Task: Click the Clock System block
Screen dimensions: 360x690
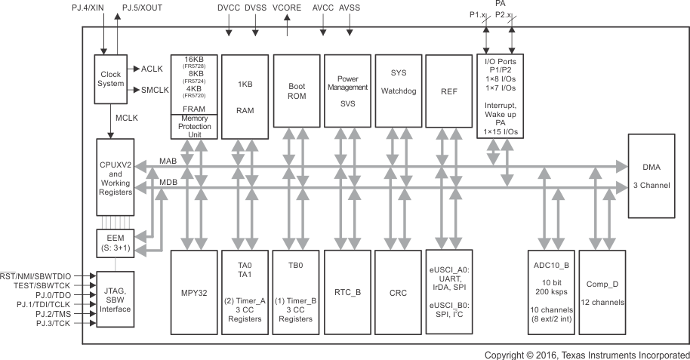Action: click(x=111, y=78)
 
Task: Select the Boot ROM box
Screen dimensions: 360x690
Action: click(x=296, y=96)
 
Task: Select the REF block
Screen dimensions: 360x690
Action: click(x=448, y=96)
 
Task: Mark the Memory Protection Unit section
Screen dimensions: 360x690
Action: click(x=194, y=125)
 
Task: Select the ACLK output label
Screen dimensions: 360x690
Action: click(x=152, y=69)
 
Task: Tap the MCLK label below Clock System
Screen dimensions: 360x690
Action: click(x=126, y=118)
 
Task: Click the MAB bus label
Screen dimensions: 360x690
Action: click(x=168, y=160)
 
